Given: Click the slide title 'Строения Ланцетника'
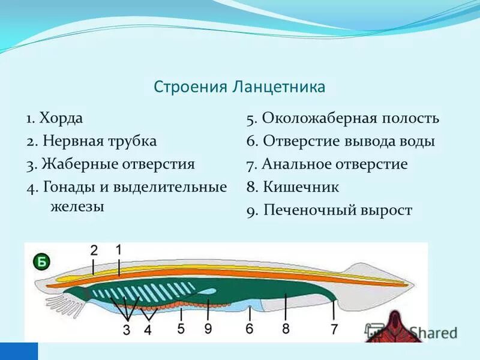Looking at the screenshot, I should coord(239,87).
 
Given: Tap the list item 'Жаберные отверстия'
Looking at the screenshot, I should coord(118,164).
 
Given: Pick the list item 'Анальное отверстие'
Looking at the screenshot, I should coord(335,164).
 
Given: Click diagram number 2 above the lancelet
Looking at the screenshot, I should coord(94,250).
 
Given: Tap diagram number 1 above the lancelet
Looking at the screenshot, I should coord(119,249).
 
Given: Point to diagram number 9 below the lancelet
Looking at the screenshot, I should coord(208,328).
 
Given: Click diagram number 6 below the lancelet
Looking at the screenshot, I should coord(250,328).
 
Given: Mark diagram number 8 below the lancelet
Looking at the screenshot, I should coord(286,328).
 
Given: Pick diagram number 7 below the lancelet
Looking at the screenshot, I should coord(334,328).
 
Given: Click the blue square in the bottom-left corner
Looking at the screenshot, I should coord(19,351).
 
